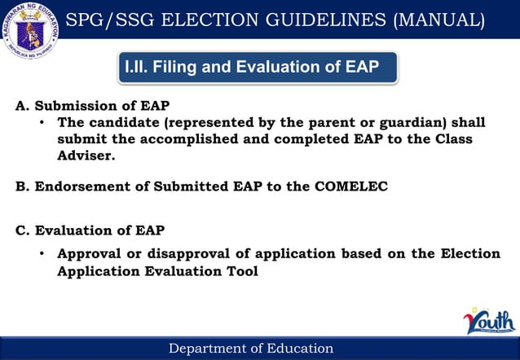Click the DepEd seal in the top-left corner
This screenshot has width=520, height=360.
(x=33, y=33)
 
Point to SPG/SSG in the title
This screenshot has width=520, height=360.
(x=119, y=19)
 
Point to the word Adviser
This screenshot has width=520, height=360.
(x=86, y=155)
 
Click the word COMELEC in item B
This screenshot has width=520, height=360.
(x=349, y=186)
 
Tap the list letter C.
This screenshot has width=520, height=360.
(x=21, y=230)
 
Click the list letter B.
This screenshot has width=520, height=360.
(x=21, y=186)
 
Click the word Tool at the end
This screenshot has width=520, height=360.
(x=240, y=270)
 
